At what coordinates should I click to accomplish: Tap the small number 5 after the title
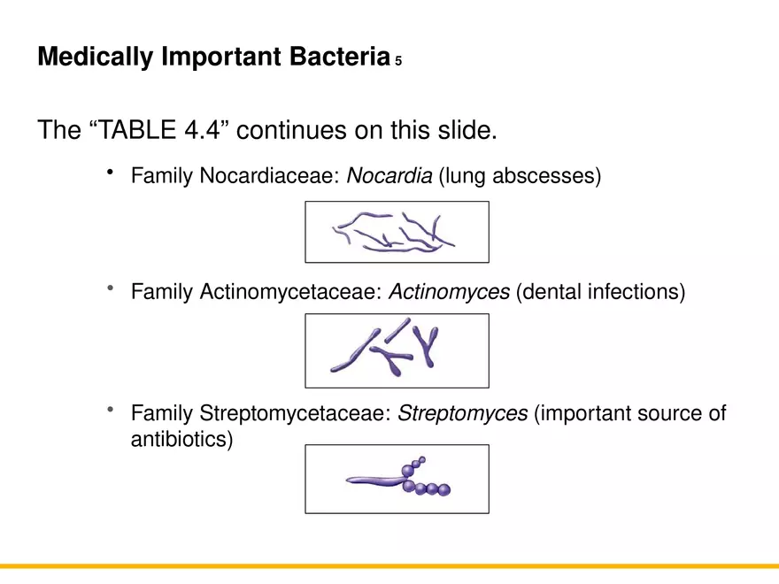[x=399, y=62]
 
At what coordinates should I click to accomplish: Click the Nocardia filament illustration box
[x=397, y=232]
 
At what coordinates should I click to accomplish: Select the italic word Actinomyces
[x=449, y=291]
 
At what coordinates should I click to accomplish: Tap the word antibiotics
[x=181, y=439]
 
